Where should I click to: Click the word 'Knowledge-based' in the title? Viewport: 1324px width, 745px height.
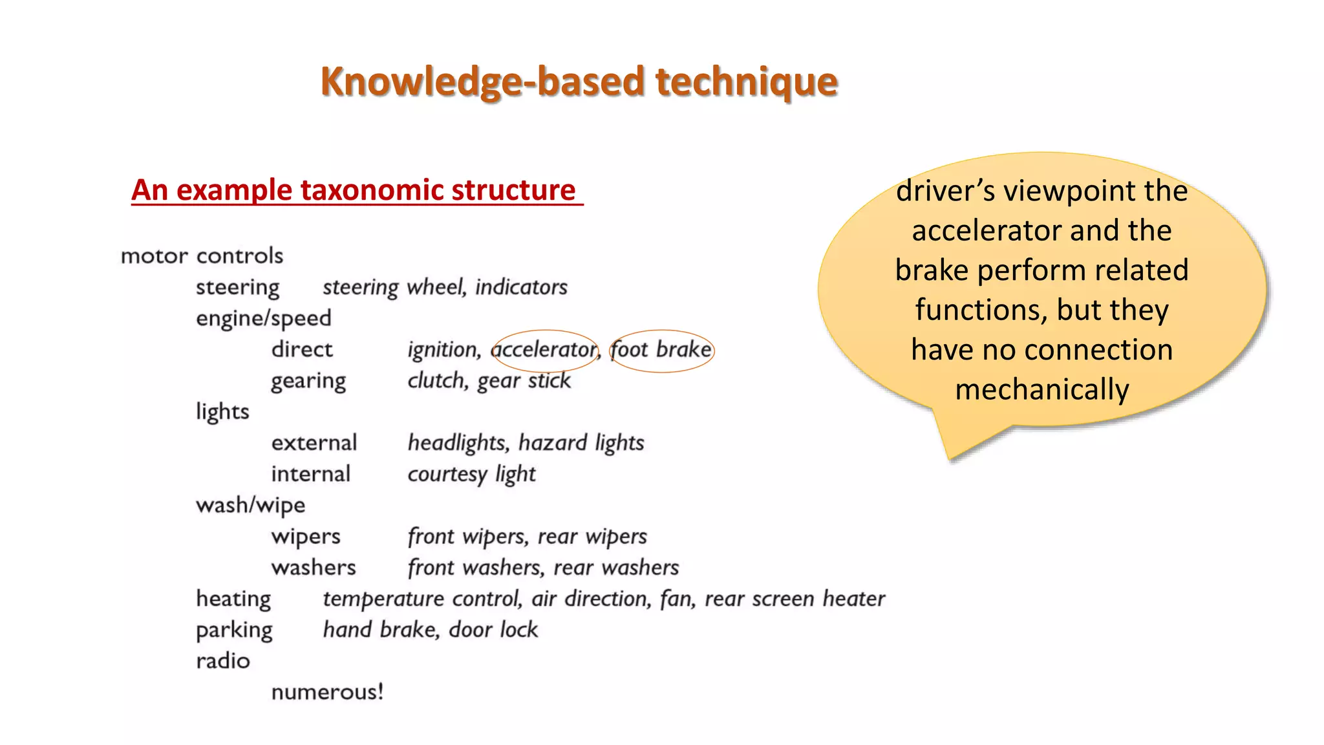482,82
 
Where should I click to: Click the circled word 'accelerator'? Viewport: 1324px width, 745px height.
544,350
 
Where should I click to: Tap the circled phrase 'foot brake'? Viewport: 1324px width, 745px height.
661,350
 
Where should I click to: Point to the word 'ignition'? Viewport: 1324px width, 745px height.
443,350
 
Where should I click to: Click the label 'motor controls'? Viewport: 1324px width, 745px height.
202,256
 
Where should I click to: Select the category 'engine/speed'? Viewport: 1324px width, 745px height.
263,318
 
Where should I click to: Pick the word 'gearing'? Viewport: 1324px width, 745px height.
308,381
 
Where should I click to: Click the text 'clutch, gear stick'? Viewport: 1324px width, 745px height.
489,381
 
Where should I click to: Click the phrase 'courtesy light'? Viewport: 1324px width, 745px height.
471,475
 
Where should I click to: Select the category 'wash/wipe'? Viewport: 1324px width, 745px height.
250,505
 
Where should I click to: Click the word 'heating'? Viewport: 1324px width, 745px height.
233,599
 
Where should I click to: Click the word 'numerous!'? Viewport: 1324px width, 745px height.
327,692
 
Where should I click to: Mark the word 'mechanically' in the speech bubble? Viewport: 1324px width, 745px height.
1041,390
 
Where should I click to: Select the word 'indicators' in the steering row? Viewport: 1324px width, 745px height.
521,287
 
